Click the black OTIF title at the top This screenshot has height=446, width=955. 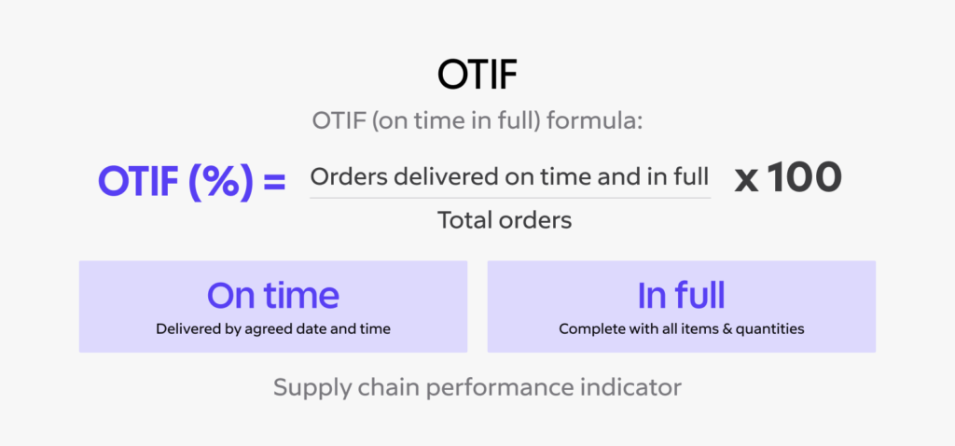(x=477, y=76)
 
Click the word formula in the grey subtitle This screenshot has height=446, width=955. (x=596, y=121)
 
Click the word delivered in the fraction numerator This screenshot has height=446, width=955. (x=428, y=176)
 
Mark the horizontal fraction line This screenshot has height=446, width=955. (x=509, y=197)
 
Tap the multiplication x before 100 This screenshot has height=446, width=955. (x=746, y=179)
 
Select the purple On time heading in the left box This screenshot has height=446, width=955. (x=272, y=295)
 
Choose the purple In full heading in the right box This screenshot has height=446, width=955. (x=681, y=295)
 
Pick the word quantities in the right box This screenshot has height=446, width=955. (x=769, y=328)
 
